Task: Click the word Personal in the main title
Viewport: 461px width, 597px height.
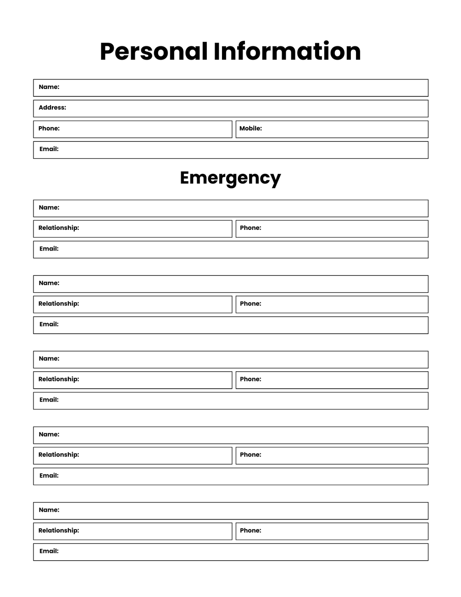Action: click(153, 51)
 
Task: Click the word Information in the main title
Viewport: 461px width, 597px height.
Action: click(287, 51)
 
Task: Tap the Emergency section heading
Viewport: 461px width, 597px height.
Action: click(230, 178)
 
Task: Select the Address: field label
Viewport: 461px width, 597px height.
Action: click(52, 108)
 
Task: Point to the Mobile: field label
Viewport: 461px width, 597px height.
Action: click(250, 128)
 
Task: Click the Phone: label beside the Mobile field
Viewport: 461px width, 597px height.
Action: click(49, 128)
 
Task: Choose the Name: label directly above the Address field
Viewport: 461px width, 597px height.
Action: click(49, 87)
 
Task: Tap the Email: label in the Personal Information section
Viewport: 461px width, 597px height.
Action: click(49, 149)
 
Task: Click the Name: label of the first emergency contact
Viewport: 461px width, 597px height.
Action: click(49, 208)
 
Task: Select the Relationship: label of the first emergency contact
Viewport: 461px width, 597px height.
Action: click(59, 228)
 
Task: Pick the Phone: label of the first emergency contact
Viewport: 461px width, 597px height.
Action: click(250, 228)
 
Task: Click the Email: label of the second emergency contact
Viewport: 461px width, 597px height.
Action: click(49, 324)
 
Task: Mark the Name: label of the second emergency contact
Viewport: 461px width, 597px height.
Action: click(49, 283)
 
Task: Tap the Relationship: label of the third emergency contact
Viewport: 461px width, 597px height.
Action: click(59, 379)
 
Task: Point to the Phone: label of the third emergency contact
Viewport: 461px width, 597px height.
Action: click(250, 379)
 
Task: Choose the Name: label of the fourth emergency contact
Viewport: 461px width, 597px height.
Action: click(49, 435)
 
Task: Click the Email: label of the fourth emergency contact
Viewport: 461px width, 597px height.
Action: click(49, 476)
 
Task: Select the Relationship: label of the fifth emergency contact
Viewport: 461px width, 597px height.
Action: click(59, 530)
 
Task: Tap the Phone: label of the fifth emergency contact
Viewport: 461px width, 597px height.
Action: click(250, 530)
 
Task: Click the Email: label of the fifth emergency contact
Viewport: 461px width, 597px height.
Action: click(49, 551)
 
